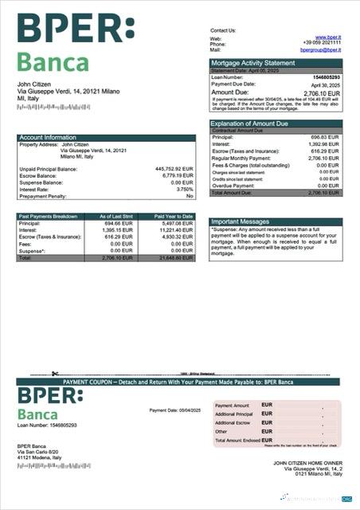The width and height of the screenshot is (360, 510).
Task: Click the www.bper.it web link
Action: coord(328,37)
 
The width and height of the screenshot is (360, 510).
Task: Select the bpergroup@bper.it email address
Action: coord(320,49)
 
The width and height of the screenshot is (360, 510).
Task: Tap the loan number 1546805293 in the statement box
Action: coord(326,76)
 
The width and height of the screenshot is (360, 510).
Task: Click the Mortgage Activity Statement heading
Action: coord(252,62)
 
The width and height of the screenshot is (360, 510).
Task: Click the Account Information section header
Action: coord(48,137)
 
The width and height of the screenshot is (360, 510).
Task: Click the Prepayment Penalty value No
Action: coord(190,196)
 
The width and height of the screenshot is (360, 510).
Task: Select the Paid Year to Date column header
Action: coord(174,216)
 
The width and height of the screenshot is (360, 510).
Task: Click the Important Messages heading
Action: coord(241,222)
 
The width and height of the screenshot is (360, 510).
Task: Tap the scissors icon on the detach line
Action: coord(55,374)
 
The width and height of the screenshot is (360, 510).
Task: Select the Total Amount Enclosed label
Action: coord(237,440)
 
